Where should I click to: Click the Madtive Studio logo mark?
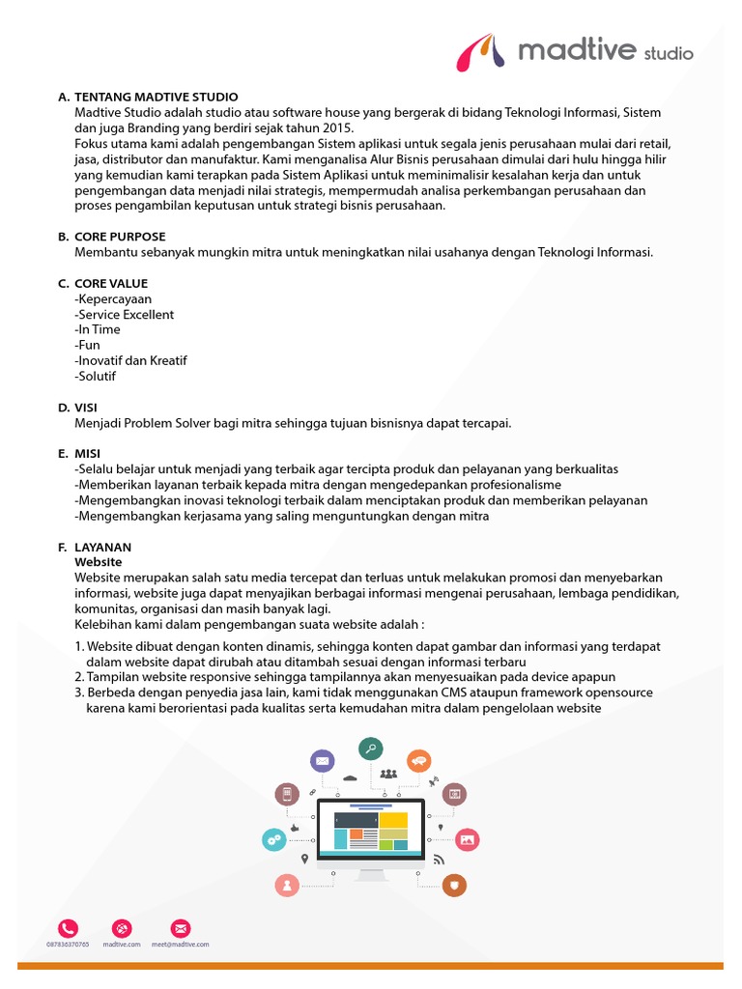pyautogui.click(x=482, y=51)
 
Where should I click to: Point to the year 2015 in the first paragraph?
pyautogui.click(x=338, y=127)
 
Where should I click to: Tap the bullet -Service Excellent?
pyautogui.click(x=125, y=315)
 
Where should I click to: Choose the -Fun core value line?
pyautogui.click(x=87, y=345)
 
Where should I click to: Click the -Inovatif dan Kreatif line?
pyautogui.click(x=130, y=360)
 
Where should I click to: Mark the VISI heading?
pyautogui.click(x=86, y=408)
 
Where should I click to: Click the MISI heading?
pyautogui.click(x=87, y=453)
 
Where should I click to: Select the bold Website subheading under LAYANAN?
pyautogui.click(x=98, y=561)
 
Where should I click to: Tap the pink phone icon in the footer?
pyautogui.click(x=68, y=927)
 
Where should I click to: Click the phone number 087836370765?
pyautogui.click(x=68, y=945)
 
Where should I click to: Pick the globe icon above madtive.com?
pyautogui.click(x=122, y=927)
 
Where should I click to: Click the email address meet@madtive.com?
pyautogui.click(x=181, y=945)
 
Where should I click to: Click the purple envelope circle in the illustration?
pyautogui.click(x=322, y=761)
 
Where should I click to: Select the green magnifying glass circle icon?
pyautogui.click(x=370, y=748)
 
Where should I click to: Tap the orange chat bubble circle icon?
pyautogui.click(x=418, y=761)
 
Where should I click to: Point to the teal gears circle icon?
pyautogui.click(x=274, y=839)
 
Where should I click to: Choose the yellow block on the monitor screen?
pyautogui.click(x=393, y=820)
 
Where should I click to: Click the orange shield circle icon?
pyautogui.click(x=454, y=884)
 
